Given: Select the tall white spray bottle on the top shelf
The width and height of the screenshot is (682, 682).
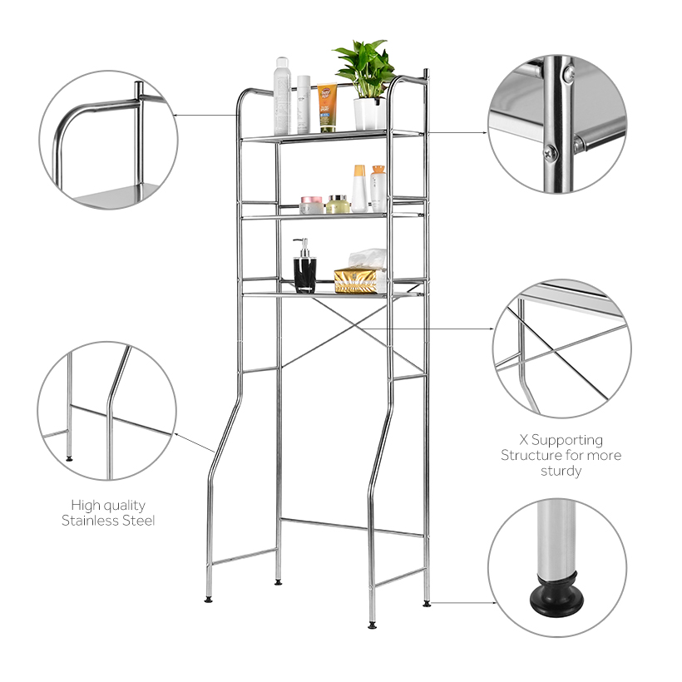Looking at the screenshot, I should click(x=282, y=95).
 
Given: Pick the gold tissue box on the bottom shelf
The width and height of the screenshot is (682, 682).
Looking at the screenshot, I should click(x=360, y=280).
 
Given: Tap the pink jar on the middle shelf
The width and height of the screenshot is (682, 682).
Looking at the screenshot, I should click(x=311, y=205).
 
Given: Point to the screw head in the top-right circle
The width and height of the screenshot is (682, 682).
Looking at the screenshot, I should click(x=550, y=152).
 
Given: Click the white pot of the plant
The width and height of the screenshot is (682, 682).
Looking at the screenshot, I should click(x=369, y=114).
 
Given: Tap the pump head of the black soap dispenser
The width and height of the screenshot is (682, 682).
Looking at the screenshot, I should click(x=303, y=245).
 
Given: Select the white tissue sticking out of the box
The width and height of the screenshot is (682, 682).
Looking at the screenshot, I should click(x=367, y=259).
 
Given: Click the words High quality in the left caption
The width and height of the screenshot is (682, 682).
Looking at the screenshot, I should click(x=108, y=505).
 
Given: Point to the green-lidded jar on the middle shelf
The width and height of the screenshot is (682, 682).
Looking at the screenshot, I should click(x=338, y=204).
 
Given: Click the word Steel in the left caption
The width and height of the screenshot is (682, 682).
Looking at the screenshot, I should click(x=140, y=521).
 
